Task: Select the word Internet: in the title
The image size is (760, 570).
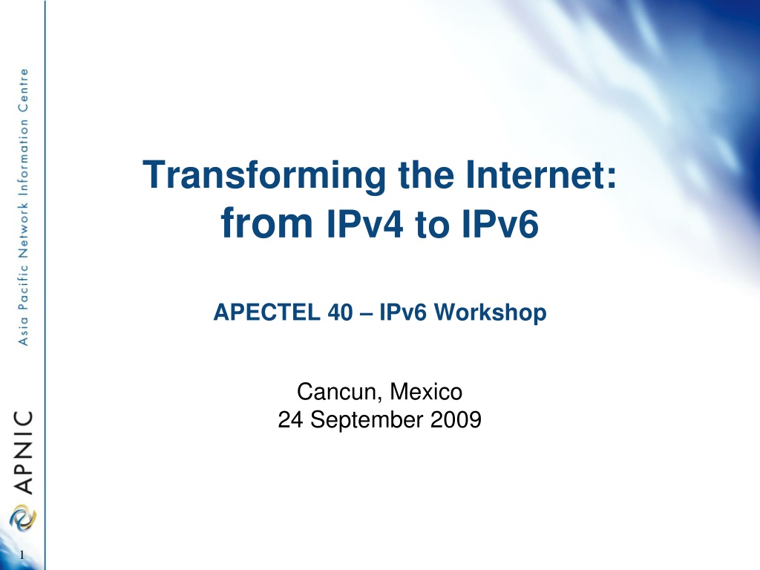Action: [541, 174]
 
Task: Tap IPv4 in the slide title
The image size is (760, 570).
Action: [365, 223]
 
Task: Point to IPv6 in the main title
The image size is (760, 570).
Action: [500, 223]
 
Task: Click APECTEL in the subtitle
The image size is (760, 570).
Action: [266, 312]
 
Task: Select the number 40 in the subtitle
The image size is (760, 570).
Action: [340, 312]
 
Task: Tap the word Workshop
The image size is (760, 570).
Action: [490, 312]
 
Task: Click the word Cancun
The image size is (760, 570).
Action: [336, 392]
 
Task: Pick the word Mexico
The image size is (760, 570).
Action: [426, 392]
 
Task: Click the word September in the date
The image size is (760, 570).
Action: [367, 420]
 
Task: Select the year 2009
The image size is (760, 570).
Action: [456, 420]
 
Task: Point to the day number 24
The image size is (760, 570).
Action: [290, 420]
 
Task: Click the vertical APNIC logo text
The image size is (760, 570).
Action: [23, 452]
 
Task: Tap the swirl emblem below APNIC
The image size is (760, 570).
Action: [23, 517]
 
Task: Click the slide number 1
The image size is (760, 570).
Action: [22, 555]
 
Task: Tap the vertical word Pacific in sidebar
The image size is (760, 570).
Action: [23, 287]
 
